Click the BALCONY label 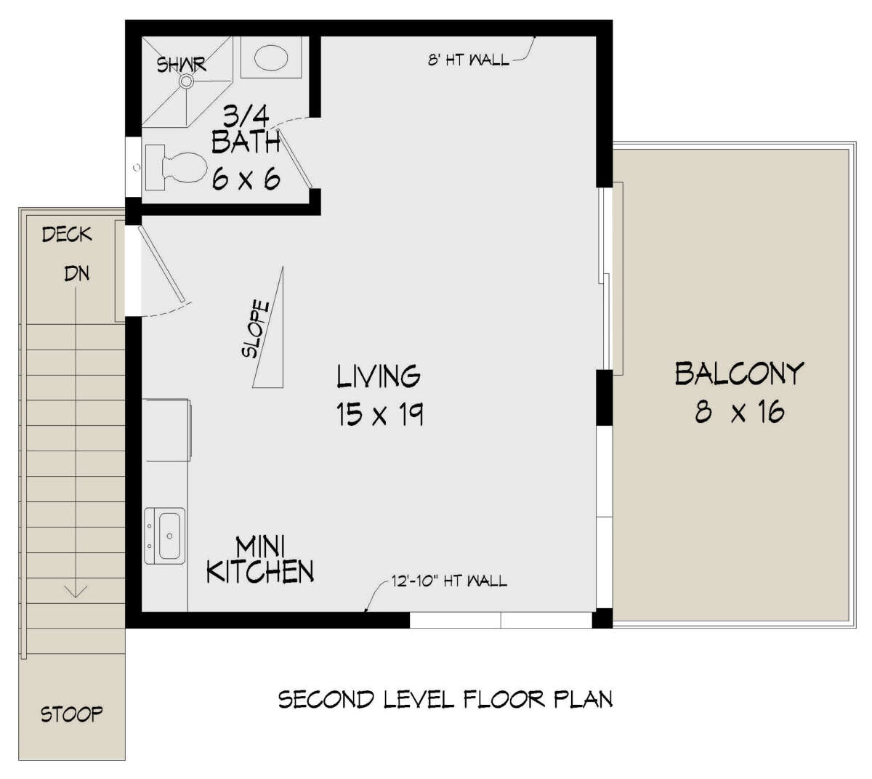click(x=738, y=374)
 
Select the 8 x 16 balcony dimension click(x=738, y=413)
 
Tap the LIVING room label click(x=378, y=376)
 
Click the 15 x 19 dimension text click(x=379, y=414)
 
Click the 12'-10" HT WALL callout click(x=448, y=581)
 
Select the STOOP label click(x=71, y=714)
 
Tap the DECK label click(x=67, y=234)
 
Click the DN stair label click(x=76, y=274)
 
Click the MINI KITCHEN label click(x=259, y=560)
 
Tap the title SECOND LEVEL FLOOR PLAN click(x=445, y=699)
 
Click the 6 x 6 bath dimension click(x=246, y=178)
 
